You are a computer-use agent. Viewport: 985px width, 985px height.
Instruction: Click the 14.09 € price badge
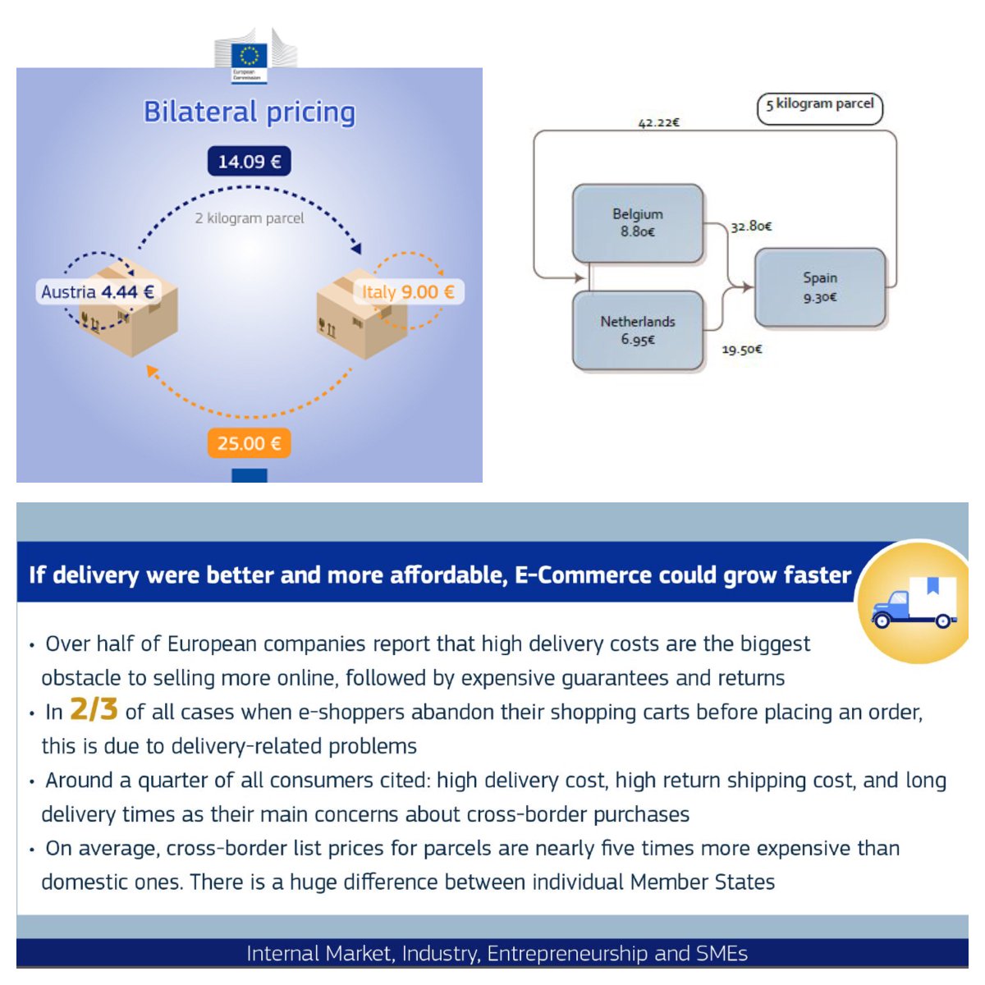click(249, 162)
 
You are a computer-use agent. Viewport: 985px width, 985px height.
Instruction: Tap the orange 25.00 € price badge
click(249, 443)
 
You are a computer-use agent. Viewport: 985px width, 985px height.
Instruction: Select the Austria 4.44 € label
click(98, 291)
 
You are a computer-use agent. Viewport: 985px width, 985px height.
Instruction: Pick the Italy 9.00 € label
click(408, 291)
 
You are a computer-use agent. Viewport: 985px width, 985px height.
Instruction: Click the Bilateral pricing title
click(250, 112)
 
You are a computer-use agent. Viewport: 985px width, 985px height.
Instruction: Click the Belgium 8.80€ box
click(638, 222)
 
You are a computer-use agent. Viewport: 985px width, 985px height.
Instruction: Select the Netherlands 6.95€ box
click(638, 330)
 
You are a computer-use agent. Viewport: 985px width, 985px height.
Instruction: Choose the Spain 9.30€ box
click(820, 287)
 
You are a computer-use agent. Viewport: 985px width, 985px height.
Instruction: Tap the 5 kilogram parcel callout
click(819, 106)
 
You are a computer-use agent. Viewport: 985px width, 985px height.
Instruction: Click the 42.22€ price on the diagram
click(658, 123)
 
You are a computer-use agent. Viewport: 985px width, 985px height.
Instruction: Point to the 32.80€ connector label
click(751, 226)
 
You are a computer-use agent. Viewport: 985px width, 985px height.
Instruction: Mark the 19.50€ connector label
click(742, 350)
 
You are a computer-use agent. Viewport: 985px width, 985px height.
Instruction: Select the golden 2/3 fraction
click(94, 709)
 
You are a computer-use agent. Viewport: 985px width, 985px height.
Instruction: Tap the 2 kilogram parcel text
click(250, 218)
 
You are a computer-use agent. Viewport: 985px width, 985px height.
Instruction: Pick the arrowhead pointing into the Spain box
click(747, 287)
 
